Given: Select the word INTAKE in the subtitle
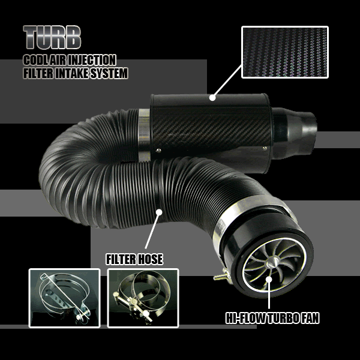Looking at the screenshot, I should point(70,74).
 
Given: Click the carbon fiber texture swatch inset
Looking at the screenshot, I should point(284,52).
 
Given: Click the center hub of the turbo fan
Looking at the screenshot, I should point(271,263).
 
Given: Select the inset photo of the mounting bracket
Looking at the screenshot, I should point(64,298).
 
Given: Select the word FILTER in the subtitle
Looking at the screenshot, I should point(38,74).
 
